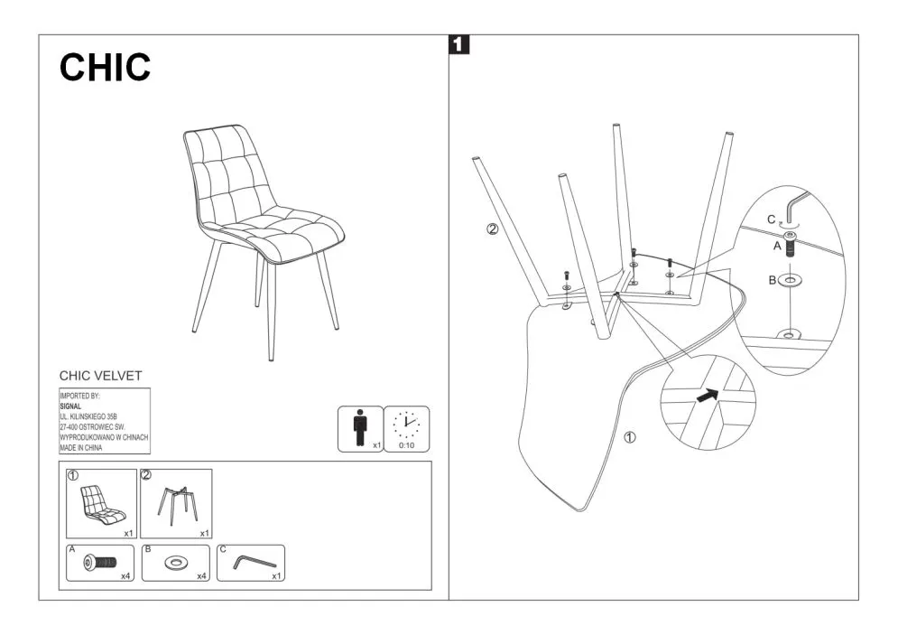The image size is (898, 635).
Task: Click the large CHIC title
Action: (105, 67)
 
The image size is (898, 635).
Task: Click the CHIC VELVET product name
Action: (100, 376)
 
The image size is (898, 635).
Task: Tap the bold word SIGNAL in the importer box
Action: (70, 406)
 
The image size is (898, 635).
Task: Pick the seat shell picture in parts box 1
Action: (101, 504)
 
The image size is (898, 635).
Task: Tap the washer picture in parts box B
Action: (175, 564)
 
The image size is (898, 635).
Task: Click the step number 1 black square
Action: (459, 43)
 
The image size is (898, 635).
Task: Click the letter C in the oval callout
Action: (772, 219)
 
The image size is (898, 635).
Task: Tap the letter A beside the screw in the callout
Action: (776, 243)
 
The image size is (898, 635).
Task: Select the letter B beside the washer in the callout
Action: (773, 281)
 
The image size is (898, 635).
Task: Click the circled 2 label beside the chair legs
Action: (492, 229)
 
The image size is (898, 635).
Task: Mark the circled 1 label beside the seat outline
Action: (630, 438)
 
